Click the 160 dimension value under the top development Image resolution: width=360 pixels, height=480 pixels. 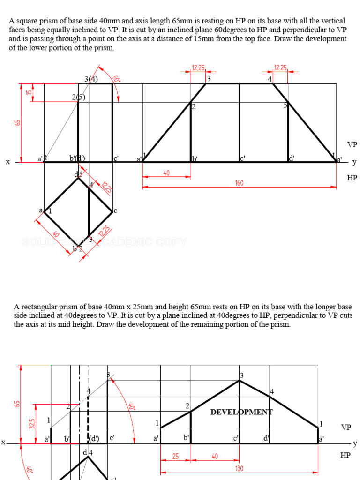(239, 183)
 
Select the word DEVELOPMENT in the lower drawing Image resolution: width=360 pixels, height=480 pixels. (241, 412)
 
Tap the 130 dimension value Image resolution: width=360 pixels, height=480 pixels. (239, 468)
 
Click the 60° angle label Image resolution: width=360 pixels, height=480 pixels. (116, 79)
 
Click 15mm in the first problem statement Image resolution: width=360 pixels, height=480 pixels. (203, 39)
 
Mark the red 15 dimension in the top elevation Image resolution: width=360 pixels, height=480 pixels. (28, 92)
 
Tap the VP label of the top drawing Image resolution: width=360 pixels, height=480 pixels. (352, 144)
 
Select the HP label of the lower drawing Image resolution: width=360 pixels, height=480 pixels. (345, 455)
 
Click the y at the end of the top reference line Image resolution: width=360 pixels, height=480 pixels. (354, 162)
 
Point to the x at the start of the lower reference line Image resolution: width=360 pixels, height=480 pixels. (3, 442)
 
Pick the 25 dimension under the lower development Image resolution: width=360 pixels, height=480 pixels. (175, 456)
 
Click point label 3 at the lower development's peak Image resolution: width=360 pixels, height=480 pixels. (242, 375)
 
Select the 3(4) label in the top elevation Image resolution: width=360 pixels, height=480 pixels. (91, 79)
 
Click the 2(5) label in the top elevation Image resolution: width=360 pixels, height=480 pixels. (78, 97)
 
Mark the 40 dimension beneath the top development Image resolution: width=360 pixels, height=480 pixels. (166, 173)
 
